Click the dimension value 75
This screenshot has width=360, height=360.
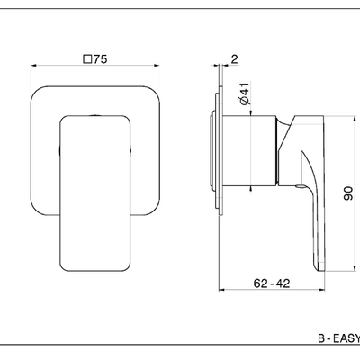point(100,59)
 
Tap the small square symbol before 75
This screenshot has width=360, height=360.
point(87,59)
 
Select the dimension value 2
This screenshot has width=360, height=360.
point(234,58)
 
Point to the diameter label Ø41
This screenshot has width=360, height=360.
point(245,94)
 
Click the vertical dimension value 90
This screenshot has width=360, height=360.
point(348,193)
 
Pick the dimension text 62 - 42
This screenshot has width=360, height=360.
point(272,283)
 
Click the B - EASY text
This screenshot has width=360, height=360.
point(339,338)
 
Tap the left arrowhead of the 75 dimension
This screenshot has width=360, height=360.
point(33,65)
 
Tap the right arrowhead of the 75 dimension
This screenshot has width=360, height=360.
point(157,65)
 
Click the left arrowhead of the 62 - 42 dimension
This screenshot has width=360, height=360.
point(221,290)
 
